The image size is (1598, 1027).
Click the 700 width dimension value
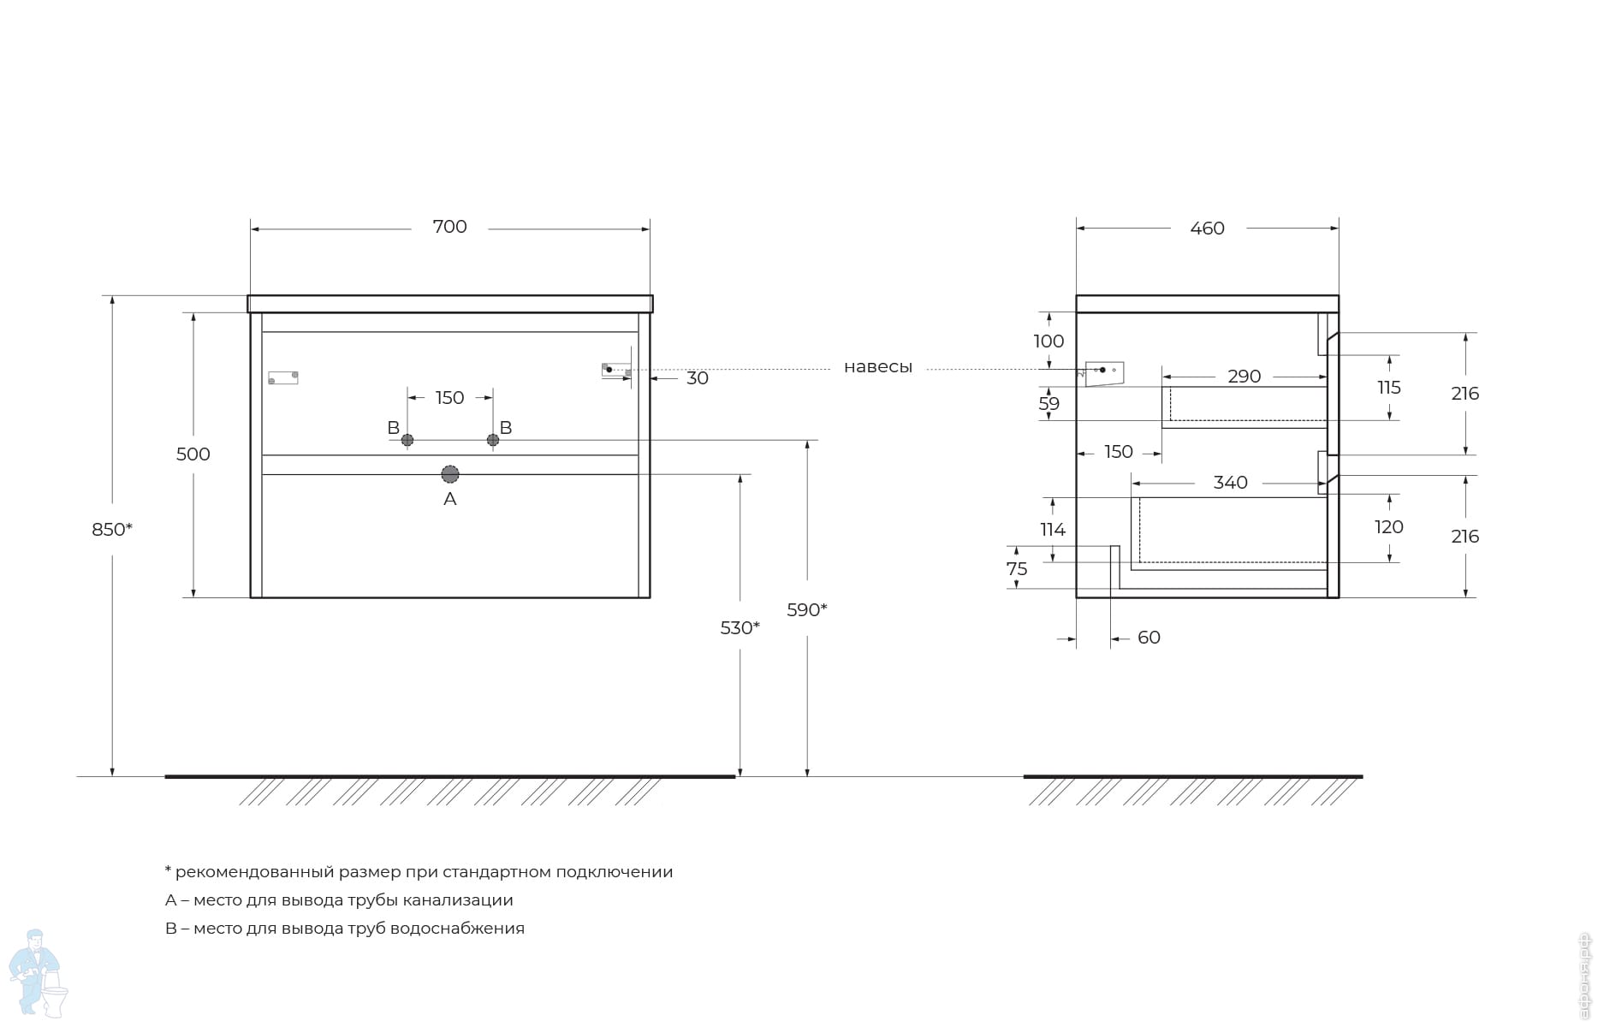449,227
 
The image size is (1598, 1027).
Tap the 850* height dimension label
112,530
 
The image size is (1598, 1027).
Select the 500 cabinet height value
193,454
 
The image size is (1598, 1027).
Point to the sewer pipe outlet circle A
450,474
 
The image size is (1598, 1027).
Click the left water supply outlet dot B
407,440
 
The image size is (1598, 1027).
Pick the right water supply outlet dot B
493,440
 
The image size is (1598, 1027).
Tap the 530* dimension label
740,628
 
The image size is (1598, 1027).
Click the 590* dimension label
807,610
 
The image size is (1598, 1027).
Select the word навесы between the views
878,367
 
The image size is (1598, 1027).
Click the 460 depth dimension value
1208,229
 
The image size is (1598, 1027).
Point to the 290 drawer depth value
1245,377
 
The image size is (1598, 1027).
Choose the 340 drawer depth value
1231,483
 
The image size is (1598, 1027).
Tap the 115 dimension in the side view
1389,388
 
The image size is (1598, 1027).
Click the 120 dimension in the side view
1389,527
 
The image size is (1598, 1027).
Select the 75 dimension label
1017,569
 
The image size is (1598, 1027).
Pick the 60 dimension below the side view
1149,638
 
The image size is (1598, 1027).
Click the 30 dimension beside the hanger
698,378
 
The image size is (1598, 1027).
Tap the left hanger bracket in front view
283,377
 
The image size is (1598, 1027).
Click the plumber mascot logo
38,974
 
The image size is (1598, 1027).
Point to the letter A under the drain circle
450,499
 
